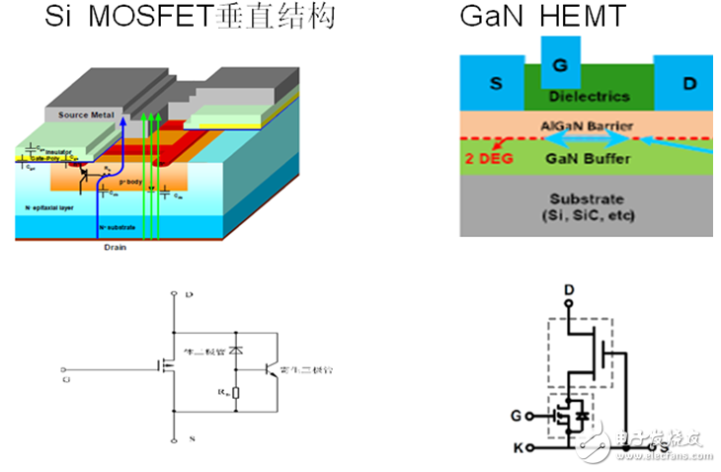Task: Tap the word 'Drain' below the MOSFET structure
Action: pos(116,249)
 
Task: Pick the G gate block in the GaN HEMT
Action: pos(560,65)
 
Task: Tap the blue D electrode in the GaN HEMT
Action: pos(689,84)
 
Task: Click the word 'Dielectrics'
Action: pos(590,97)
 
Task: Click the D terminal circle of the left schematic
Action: pos(173,294)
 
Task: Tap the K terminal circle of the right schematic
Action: pos(530,448)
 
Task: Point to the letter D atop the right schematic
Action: pos(569,289)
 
